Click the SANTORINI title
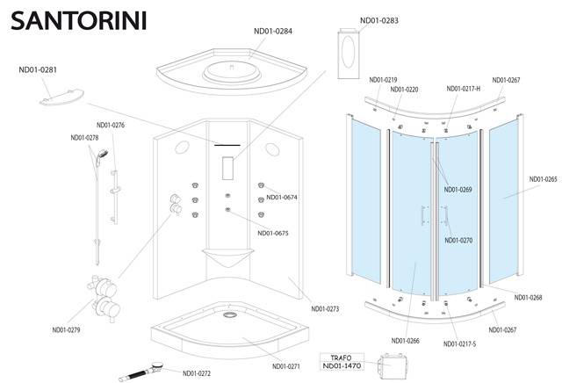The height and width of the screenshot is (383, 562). pos(79,21)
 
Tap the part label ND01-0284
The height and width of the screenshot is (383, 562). pos(273,32)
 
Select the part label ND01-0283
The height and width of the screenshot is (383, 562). pos(379,20)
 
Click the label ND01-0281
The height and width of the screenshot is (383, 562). pos(38,69)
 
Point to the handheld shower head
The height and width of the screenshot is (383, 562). pos(102,155)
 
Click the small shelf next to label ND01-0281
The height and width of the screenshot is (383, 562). pos(61,98)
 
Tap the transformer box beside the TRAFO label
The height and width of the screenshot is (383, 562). pos(393,365)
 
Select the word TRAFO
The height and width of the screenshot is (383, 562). pos(342,358)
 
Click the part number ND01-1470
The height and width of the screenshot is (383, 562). pos(342,365)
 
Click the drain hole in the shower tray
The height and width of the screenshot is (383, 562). pos(229,314)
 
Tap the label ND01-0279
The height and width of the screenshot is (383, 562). pos(67,330)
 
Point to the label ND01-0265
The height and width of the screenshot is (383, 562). pos(544,179)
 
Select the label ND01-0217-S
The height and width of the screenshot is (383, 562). pos(460,344)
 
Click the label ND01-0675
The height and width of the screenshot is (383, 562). pos(273,233)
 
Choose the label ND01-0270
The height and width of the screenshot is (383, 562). pos(458,241)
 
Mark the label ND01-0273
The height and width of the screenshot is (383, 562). pos(325,308)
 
